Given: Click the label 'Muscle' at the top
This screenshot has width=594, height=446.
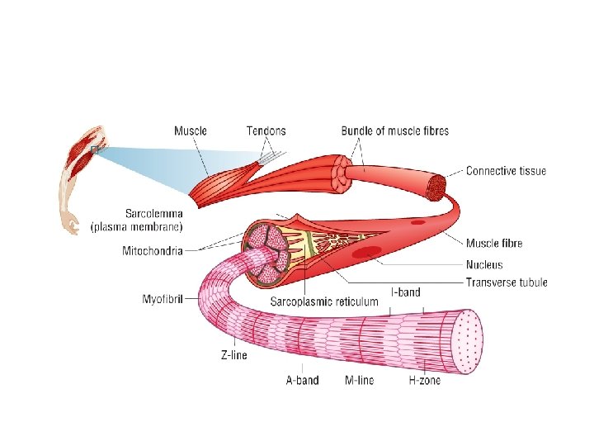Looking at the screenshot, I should tap(191, 130).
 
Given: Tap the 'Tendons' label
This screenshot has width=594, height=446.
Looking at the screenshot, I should tap(266, 130).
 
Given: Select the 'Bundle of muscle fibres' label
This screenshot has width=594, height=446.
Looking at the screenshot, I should tap(395, 130).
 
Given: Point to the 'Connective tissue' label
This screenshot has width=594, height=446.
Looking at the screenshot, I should tap(506, 171).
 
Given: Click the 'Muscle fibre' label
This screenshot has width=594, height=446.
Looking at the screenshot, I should tap(494, 243).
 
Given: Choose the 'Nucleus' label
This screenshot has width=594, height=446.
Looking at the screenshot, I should tap(484, 265).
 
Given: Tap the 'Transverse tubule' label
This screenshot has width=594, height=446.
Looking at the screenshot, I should tap(507, 282).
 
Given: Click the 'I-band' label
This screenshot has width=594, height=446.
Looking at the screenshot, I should tap(405, 292).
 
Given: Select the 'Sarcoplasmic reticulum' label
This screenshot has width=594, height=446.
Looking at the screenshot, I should tap(324, 301).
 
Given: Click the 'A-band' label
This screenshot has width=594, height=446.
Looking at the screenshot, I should tap(303, 381).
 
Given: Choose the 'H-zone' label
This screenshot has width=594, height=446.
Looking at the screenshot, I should tap(425, 381).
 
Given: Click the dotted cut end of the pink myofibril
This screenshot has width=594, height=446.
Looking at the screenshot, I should tap(469, 340).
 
